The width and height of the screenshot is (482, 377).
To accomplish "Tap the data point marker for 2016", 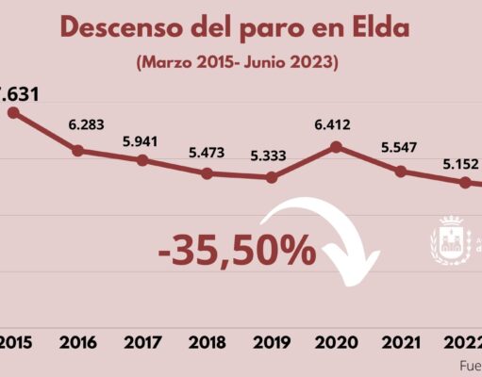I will coord(77,150).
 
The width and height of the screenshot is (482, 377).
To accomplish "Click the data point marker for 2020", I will coord(336,147).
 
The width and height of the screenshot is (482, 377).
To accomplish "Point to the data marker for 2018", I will coord(207,173).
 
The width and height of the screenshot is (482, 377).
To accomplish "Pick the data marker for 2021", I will coord(401,172).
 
